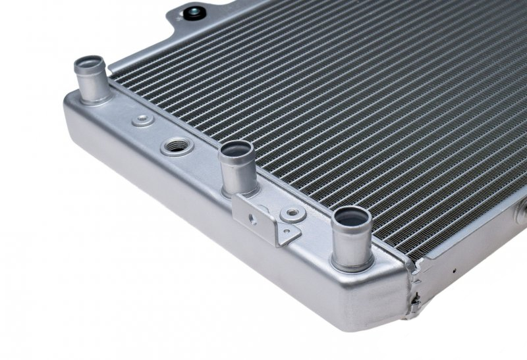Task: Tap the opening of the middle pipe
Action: coord(237,151)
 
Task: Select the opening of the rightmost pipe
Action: coord(353,217)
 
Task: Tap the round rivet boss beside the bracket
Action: coord(291,213)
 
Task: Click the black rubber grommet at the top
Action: coord(194,14)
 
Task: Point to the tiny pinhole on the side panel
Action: coord(454,270)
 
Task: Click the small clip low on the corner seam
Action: coord(414,301)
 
